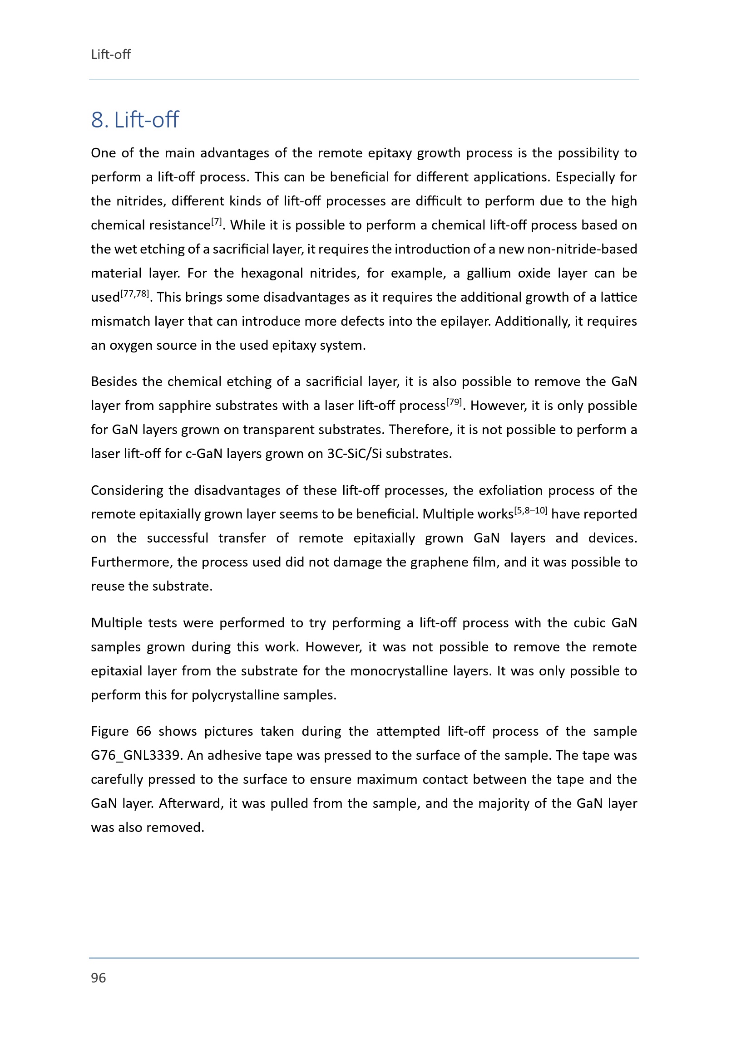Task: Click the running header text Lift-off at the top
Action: pos(110,54)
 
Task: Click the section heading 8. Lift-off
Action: pos(134,120)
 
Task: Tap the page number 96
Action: pos(99,978)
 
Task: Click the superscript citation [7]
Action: pos(217,221)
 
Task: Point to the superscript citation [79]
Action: pos(454,402)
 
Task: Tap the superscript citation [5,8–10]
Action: pos(531,510)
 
